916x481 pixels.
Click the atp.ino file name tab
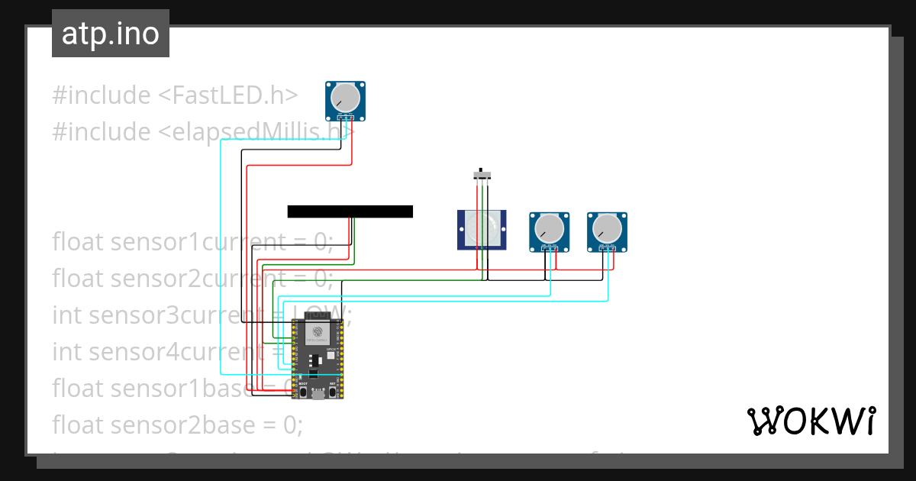coord(111,34)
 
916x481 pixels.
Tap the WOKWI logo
coord(810,421)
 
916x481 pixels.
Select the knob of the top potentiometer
coord(346,98)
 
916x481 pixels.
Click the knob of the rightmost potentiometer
coord(607,228)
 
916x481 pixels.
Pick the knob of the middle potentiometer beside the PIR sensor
coord(550,228)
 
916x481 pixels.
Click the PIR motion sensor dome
coord(482,228)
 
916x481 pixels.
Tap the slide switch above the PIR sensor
coord(481,175)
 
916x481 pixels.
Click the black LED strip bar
coord(350,211)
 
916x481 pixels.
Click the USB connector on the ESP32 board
coord(318,394)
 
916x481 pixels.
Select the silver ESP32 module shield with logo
coord(318,334)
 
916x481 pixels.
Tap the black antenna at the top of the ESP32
coord(314,315)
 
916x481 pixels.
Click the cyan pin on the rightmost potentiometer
coord(608,249)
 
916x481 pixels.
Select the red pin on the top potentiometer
coord(352,118)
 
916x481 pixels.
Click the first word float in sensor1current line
coord(78,242)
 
